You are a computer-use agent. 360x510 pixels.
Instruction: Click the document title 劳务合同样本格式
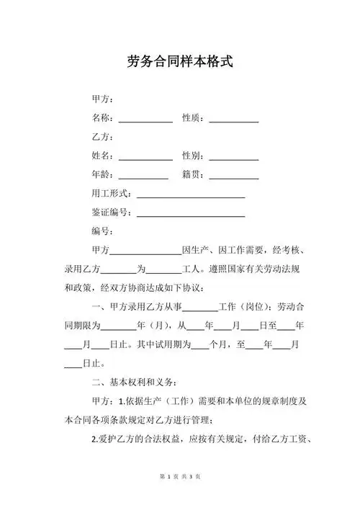click(x=180, y=61)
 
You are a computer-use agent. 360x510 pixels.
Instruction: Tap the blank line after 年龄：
click(x=143, y=176)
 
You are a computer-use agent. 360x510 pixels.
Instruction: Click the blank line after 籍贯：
click(x=233, y=176)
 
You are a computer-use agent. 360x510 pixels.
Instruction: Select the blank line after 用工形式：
click(x=191, y=195)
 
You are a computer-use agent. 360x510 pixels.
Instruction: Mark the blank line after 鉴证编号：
click(x=191, y=214)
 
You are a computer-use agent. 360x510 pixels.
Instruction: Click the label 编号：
click(x=102, y=232)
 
